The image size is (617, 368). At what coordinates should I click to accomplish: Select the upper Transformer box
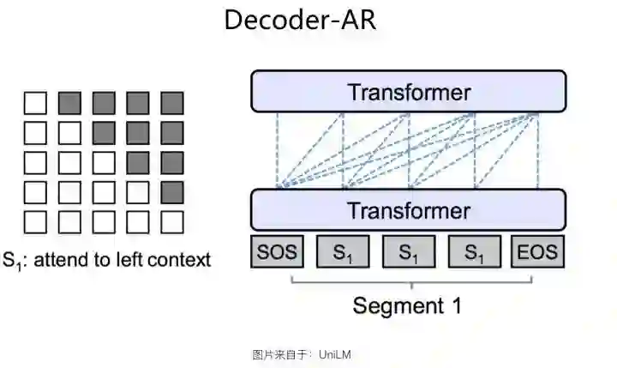pyautogui.click(x=409, y=92)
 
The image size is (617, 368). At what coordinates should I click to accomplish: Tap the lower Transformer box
pyautogui.click(x=409, y=210)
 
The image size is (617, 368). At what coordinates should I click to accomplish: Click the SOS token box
pyautogui.click(x=276, y=252)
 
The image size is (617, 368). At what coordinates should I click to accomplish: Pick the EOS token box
pyautogui.click(x=537, y=252)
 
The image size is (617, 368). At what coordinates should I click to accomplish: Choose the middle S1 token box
pyautogui.click(x=409, y=252)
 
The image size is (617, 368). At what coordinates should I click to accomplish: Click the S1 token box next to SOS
pyautogui.click(x=343, y=252)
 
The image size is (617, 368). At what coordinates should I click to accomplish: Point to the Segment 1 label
pyautogui.click(x=408, y=305)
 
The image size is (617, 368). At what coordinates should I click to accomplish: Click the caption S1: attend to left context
pyautogui.click(x=106, y=259)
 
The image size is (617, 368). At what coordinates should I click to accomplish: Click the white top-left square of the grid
pyautogui.click(x=35, y=104)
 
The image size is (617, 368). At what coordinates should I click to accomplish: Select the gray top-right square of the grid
pyautogui.click(x=172, y=104)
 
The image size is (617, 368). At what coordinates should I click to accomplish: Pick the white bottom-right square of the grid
pyautogui.click(x=172, y=221)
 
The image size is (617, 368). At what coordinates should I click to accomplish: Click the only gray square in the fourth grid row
pyautogui.click(x=172, y=192)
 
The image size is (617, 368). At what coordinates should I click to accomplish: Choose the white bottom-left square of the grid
pyautogui.click(x=35, y=221)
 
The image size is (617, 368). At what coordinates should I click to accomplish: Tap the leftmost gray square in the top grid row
pyautogui.click(x=69, y=104)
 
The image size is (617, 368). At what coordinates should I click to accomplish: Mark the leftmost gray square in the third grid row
pyautogui.click(x=138, y=163)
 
